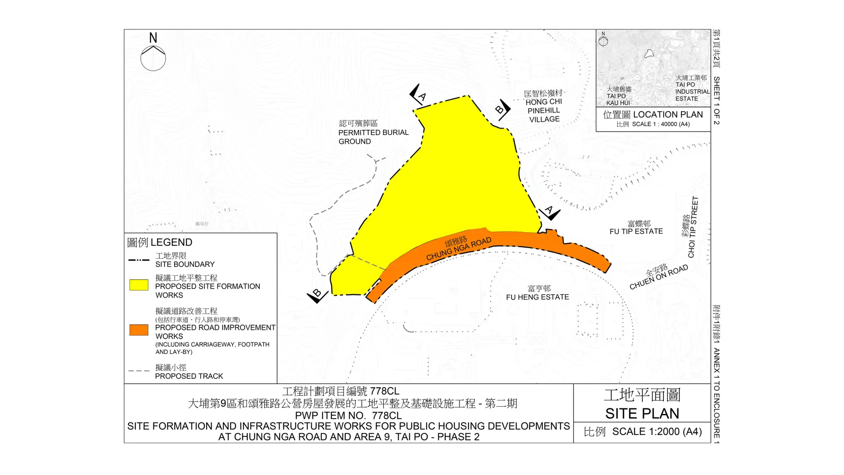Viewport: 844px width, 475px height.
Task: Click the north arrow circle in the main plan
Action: coord(153,58)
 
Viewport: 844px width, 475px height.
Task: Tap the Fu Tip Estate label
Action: coord(636,228)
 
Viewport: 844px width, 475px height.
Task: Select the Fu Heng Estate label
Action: coord(537,293)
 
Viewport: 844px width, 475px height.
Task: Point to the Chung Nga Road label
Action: coord(458,248)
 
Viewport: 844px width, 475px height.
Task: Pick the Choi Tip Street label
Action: coord(690,227)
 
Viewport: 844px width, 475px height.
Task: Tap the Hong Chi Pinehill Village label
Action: coord(544,106)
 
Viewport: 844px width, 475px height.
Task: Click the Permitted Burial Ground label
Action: coord(373,132)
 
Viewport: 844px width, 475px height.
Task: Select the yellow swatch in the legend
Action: coord(139,285)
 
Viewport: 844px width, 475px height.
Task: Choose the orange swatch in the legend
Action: coord(139,330)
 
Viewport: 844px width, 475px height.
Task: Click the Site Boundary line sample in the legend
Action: coord(139,260)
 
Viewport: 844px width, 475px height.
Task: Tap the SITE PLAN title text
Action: coord(642,413)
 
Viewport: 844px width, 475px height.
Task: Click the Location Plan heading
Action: coord(653,115)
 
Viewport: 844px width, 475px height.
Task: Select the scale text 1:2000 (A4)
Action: coord(657,432)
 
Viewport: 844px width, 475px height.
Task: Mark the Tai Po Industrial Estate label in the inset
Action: coord(692,88)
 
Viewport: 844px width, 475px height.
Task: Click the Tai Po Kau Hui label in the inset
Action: coord(618,96)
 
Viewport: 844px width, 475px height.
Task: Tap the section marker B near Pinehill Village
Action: coord(502,109)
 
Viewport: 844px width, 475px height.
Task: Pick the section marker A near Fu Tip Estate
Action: coord(550,212)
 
